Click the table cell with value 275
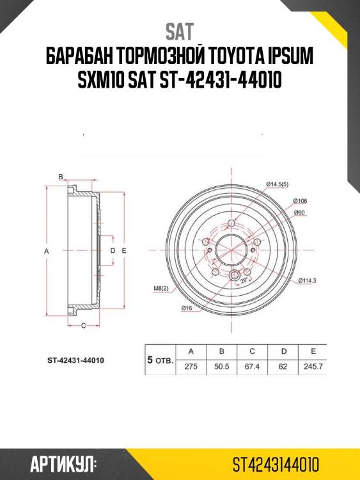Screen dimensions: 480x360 [191, 367]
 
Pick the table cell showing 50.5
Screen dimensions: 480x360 [221, 367]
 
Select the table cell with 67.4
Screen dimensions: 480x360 [253, 367]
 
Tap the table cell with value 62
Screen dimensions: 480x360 [283, 367]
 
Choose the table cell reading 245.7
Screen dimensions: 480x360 [313, 367]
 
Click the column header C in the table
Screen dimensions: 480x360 [253, 351]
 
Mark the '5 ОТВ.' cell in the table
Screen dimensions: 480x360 [160, 360]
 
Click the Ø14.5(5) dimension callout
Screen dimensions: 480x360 [278, 185]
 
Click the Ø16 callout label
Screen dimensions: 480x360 [187, 308]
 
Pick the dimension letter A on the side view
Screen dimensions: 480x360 [46, 252]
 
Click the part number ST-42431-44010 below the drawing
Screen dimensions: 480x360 [75, 360]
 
